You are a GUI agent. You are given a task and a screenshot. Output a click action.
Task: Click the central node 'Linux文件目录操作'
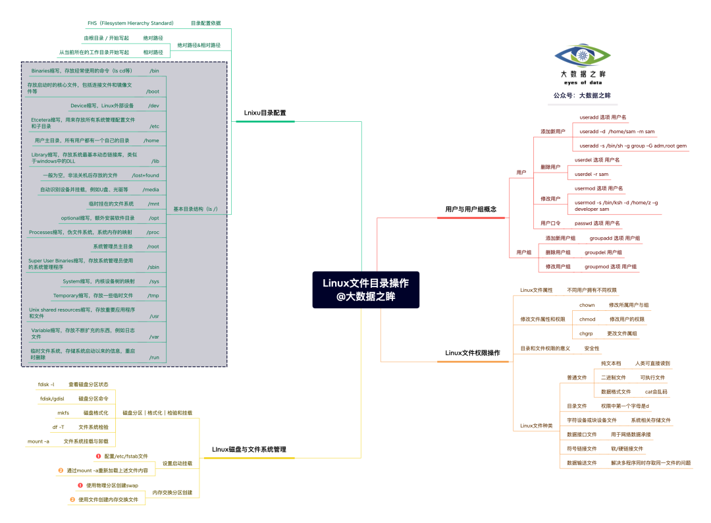coord(365,290)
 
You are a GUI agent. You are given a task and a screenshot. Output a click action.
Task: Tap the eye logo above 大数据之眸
coord(582,56)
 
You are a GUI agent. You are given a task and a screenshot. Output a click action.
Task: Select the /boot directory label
coord(153,92)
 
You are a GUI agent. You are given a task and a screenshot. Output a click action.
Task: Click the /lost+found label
coord(145,175)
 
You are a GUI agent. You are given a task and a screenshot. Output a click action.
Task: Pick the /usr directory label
coord(154,316)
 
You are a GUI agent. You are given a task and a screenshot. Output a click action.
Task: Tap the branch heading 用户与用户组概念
coord(470,209)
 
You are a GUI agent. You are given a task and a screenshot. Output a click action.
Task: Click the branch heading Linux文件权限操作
coord(472,353)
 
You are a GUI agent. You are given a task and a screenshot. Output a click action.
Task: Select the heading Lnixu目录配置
coord(265,113)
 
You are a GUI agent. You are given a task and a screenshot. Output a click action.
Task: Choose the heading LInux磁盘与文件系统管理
coord(249,449)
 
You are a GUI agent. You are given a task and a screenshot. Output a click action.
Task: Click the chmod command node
coord(587,319)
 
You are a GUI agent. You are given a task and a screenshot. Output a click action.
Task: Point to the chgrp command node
coord(586,334)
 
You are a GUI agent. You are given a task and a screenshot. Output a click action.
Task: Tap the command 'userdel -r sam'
coord(591,175)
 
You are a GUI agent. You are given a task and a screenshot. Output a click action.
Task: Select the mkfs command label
coord(63,413)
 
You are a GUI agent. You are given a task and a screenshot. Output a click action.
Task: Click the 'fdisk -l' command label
coord(46,384)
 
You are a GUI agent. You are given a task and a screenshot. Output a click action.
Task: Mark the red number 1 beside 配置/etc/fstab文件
coord(98,456)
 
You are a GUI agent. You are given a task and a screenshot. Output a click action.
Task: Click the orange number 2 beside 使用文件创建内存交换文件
coord(72,500)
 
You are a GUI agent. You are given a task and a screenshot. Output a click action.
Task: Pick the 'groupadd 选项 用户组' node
coord(614,238)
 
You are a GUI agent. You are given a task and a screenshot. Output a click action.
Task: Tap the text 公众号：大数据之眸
coord(581,96)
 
